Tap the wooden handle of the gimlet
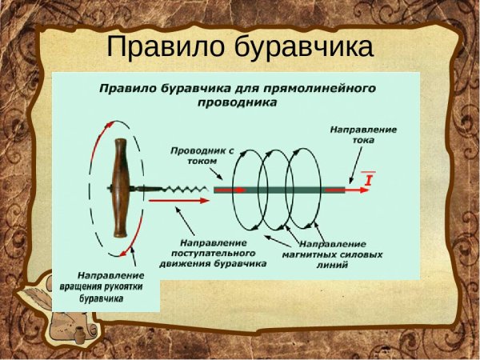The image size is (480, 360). tap(120, 188)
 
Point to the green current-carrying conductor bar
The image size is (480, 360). tap(280, 190)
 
